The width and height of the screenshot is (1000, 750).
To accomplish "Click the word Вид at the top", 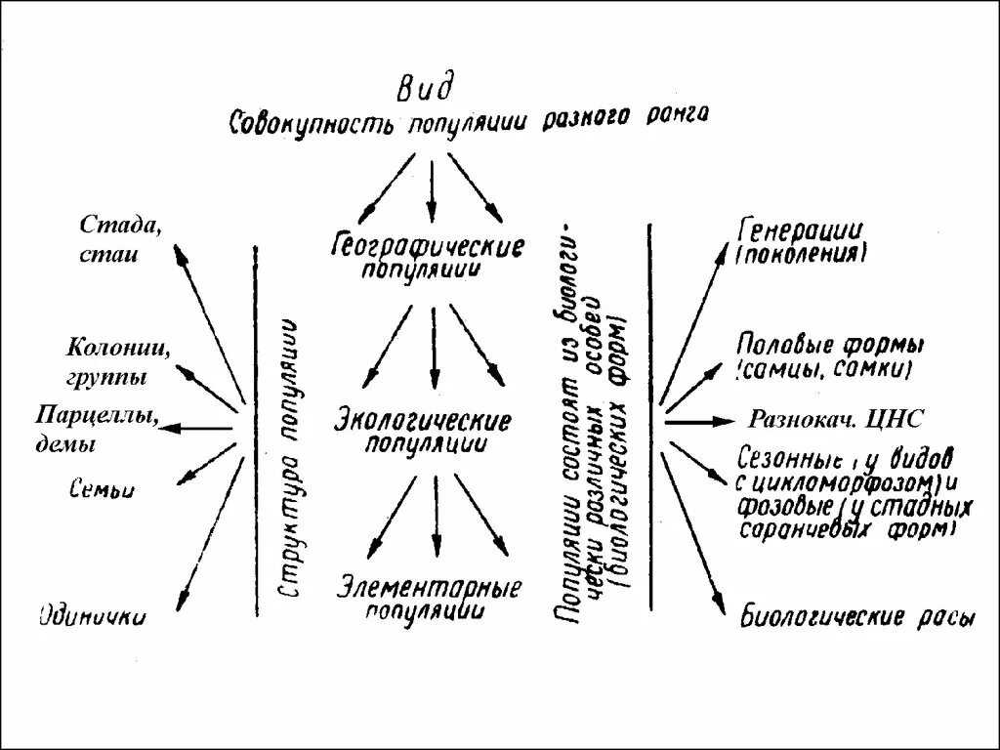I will click(425, 89).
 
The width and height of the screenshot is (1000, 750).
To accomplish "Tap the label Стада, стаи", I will click(120, 239).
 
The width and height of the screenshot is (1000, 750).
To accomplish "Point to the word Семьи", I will click(103, 489).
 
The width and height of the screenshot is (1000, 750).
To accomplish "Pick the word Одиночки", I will click(93, 615).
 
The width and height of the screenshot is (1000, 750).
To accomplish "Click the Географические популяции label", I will click(428, 256).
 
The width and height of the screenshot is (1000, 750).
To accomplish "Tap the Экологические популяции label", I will click(422, 432).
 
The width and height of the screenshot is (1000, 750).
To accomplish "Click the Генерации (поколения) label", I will click(801, 243).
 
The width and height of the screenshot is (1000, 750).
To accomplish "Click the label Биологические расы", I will click(856, 617).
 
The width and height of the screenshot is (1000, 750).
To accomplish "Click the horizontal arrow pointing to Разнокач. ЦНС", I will click(698, 421).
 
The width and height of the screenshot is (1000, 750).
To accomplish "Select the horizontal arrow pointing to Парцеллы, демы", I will click(200, 428).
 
